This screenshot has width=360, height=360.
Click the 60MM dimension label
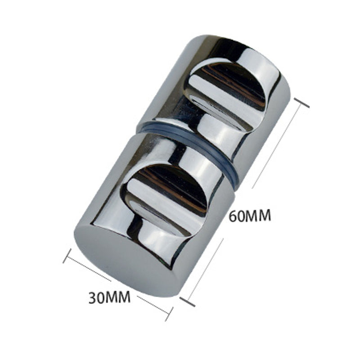tap(250, 216)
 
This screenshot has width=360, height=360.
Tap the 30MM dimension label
tap(109, 297)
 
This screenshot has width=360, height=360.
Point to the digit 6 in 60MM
tap(234, 216)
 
